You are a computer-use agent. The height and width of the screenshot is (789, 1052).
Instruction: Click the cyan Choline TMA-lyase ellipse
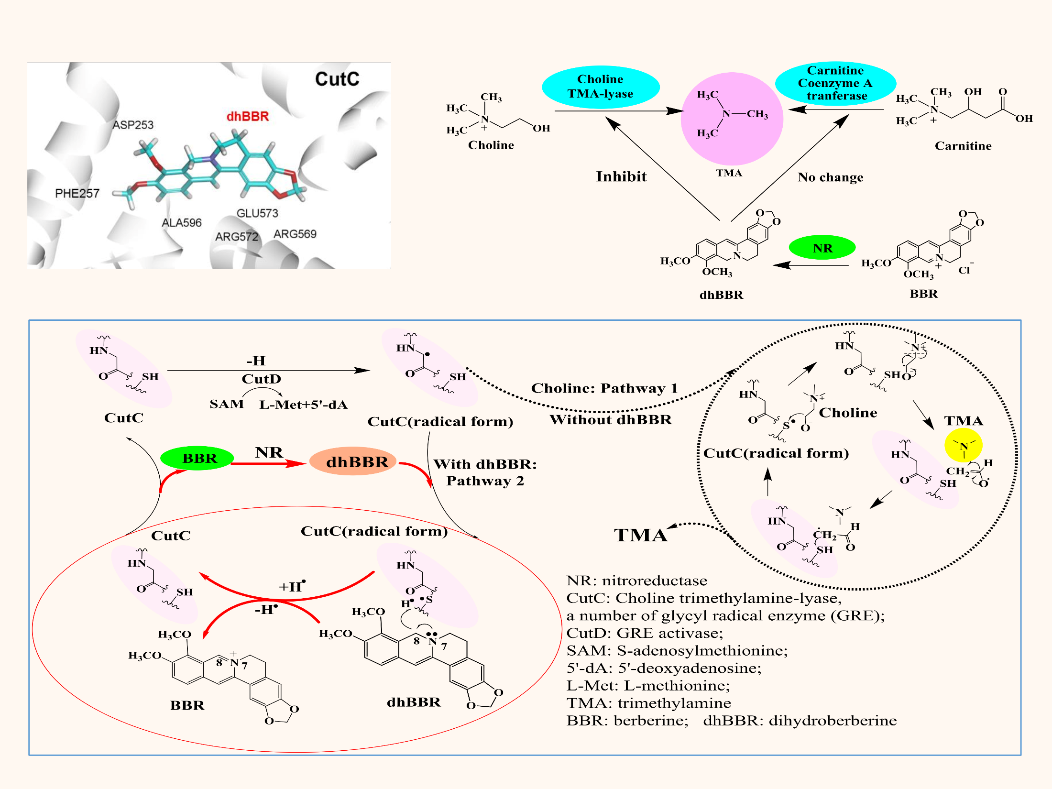coord(601,87)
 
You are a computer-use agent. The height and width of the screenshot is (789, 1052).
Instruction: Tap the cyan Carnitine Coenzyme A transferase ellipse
coord(835,83)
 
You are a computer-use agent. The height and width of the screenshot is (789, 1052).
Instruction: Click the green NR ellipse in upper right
coord(822,248)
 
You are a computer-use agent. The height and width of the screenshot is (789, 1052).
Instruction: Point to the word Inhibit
coord(621,177)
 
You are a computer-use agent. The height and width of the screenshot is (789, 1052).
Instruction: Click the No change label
coord(831,177)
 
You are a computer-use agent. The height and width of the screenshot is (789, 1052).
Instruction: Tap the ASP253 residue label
coord(133,125)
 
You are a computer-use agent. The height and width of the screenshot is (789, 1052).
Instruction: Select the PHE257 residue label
coord(77,194)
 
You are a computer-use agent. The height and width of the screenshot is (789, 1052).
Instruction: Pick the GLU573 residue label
coord(257,213)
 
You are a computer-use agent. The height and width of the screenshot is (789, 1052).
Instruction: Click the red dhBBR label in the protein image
coord(248,116)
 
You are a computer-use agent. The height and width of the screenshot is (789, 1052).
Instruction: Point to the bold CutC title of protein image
coord(337,79)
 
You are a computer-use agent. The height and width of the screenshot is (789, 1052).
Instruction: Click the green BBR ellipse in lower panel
coord(197,458)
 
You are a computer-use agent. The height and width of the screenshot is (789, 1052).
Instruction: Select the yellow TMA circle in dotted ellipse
coord(964,445)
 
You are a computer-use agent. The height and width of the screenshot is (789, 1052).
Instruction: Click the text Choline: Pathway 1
coord(604,388)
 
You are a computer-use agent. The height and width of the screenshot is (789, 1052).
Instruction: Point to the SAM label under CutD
coord(226,405)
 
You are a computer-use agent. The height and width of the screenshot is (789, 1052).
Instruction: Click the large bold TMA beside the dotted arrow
coord(640,536)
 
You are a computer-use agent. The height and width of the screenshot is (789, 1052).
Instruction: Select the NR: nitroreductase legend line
coord(636,581)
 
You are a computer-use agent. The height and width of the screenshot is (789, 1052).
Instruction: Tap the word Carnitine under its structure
coord(963,146)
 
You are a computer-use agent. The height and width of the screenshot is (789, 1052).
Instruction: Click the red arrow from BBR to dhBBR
coord(268,463)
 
